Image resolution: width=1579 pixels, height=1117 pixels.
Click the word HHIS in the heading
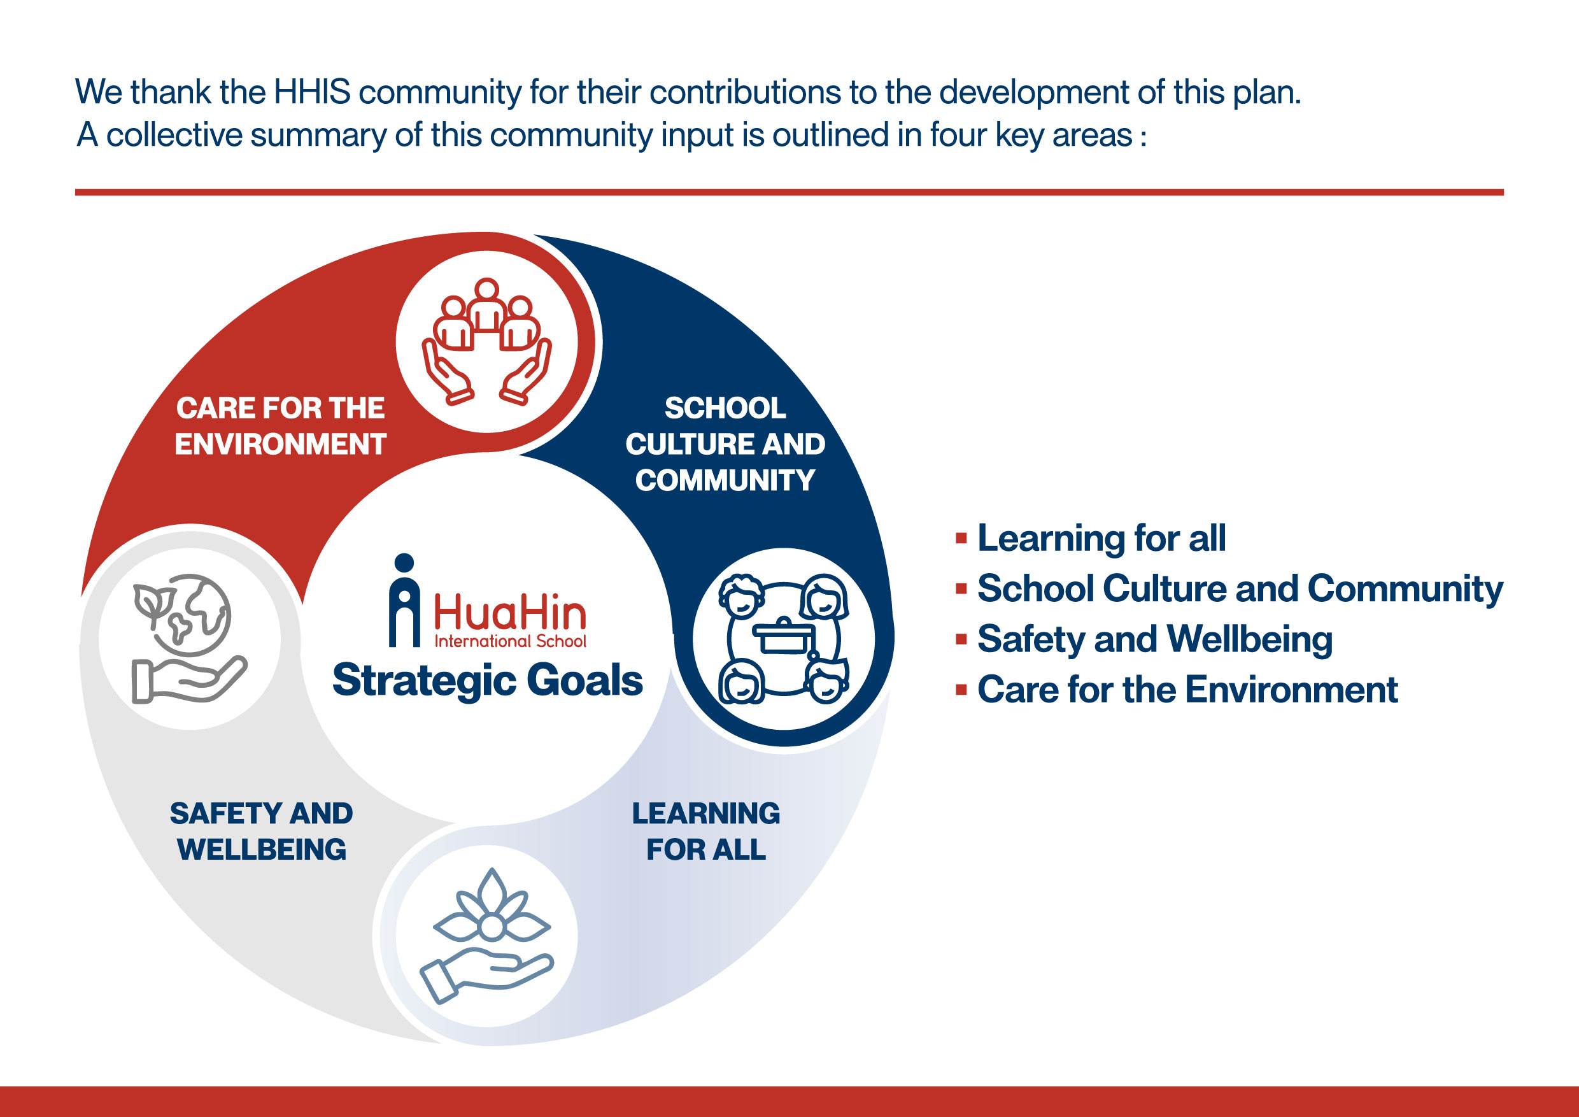(312, 92)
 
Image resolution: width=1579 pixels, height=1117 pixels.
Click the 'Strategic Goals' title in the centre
(488, 680)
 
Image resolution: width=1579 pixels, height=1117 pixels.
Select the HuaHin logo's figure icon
(404, 600)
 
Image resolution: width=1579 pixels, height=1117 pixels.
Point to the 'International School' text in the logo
(510, 641)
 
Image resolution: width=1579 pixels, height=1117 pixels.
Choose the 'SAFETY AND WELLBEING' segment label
(261, 831)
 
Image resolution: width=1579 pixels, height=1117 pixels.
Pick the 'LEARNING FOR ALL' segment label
(705, 831)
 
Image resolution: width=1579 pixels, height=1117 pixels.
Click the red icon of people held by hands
(487, 341)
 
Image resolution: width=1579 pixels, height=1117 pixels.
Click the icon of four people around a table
(783, 638)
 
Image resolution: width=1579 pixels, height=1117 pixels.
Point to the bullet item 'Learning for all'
(1101, 538)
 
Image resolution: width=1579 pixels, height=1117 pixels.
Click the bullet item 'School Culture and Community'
(1240, 589)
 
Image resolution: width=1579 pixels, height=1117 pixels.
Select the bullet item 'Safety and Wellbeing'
(1155, 639)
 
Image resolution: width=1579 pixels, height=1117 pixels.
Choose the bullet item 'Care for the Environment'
(1187, 689)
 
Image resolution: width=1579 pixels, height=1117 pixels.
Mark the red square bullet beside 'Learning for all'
(961, 538)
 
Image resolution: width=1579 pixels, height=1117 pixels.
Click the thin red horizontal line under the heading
(789, 192)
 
